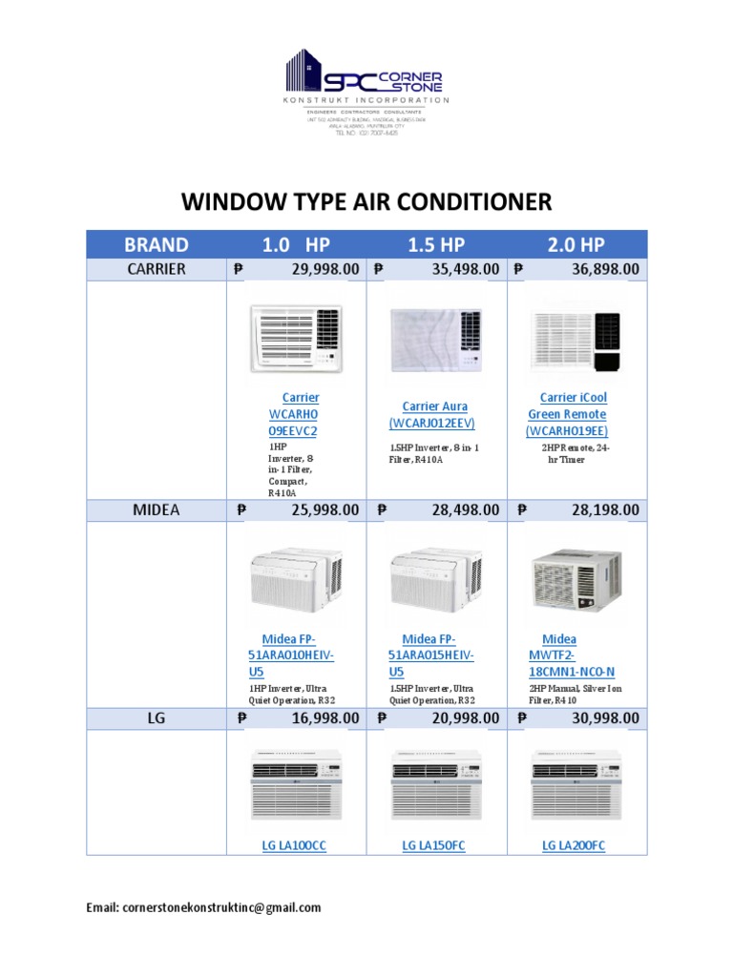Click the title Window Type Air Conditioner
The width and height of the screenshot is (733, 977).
pyautogui.click(x=366, y=201)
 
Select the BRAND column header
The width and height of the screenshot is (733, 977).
pyautogui.click(x=156, y=244)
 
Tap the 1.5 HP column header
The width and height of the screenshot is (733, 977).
pyautogui.click(x=436, y=244)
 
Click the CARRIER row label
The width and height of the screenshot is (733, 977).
pyautogui.click(x=157, y=269)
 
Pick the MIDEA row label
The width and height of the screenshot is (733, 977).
pyautogui.click(x=157, y=510)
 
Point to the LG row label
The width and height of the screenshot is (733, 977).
pyautogui.click(x=157, y=718)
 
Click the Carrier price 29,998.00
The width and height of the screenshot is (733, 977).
pyautogui.click(x=325, y=270)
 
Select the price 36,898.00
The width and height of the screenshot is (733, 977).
pyautogui.click(x=605, y=270)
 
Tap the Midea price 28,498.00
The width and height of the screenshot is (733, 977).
pyautogui.click(x=465, y=510)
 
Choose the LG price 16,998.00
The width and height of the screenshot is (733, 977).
pyautogui.click(x=325, y=718)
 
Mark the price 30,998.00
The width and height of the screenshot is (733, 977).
pyautogui.click(x=605, y=718)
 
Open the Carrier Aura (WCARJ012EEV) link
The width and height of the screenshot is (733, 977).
pyautogui.click(x=434, y=415)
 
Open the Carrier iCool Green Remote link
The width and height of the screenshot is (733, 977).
pyautogui.click(x=573, y=414)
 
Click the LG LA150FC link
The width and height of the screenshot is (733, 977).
pyautogui.click(x=433, y=846)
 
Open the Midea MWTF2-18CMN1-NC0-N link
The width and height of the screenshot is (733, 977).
pyautogui.click(x=572, y=655)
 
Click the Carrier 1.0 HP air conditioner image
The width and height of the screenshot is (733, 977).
pyautogui.click(x=296, y=338)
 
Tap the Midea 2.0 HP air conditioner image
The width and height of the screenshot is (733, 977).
pyautogui.click(x=576, y=579)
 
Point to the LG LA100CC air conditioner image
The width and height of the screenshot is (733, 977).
pyautogui.click(x=296, y=781)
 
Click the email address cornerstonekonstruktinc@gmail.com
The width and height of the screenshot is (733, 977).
pyautogui.click(x=221, y=908)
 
